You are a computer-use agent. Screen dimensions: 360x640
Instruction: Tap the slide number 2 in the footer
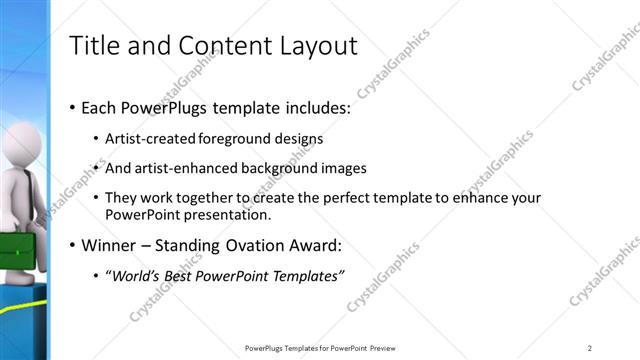590,348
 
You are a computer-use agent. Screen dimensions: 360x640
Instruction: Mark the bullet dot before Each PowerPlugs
73,107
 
